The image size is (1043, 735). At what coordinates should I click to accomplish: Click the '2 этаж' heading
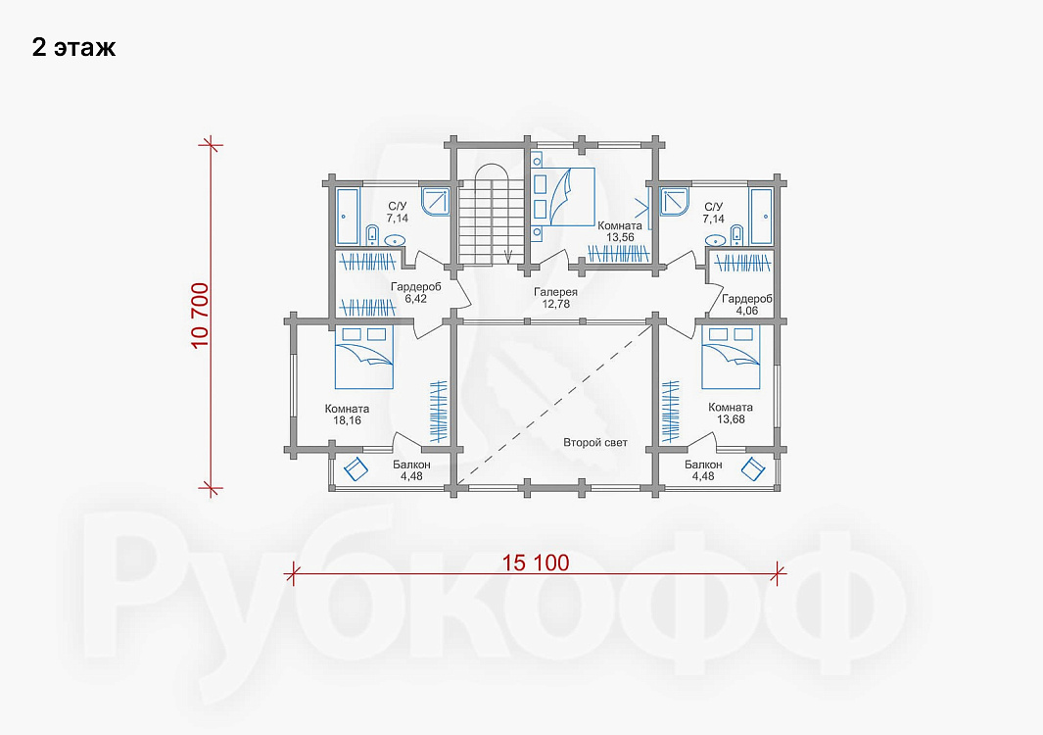[x=73, y=48]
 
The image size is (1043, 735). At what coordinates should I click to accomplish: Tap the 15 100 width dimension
[x=536, y=563]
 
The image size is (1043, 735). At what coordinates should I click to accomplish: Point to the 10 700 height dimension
[x=200, y=316]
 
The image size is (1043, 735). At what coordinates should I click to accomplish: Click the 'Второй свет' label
[x=595, y=443]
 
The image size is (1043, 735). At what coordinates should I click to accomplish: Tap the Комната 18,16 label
[x=348, y=415]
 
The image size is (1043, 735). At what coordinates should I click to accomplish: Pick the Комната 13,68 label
[x=731, y=413]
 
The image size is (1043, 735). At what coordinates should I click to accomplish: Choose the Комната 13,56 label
[x=620, y=231]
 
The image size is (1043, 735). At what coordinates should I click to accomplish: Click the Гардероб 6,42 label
[x=416, y=293]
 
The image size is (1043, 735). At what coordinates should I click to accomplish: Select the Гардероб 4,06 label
[x=747, y=304]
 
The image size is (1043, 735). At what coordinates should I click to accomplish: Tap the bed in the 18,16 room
[x=364, y=357]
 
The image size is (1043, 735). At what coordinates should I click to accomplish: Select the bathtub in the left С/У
[x=347, y=217]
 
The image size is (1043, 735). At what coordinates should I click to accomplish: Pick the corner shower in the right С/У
[x=677, y=202]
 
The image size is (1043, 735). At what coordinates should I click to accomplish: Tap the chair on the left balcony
[x=356, y=468]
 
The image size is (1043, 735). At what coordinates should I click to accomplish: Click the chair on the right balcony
[x=754, y=468]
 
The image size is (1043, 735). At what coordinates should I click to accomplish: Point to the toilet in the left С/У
[x=372, y=235]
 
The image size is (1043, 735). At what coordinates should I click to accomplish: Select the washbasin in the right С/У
[x=716, y=240]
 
